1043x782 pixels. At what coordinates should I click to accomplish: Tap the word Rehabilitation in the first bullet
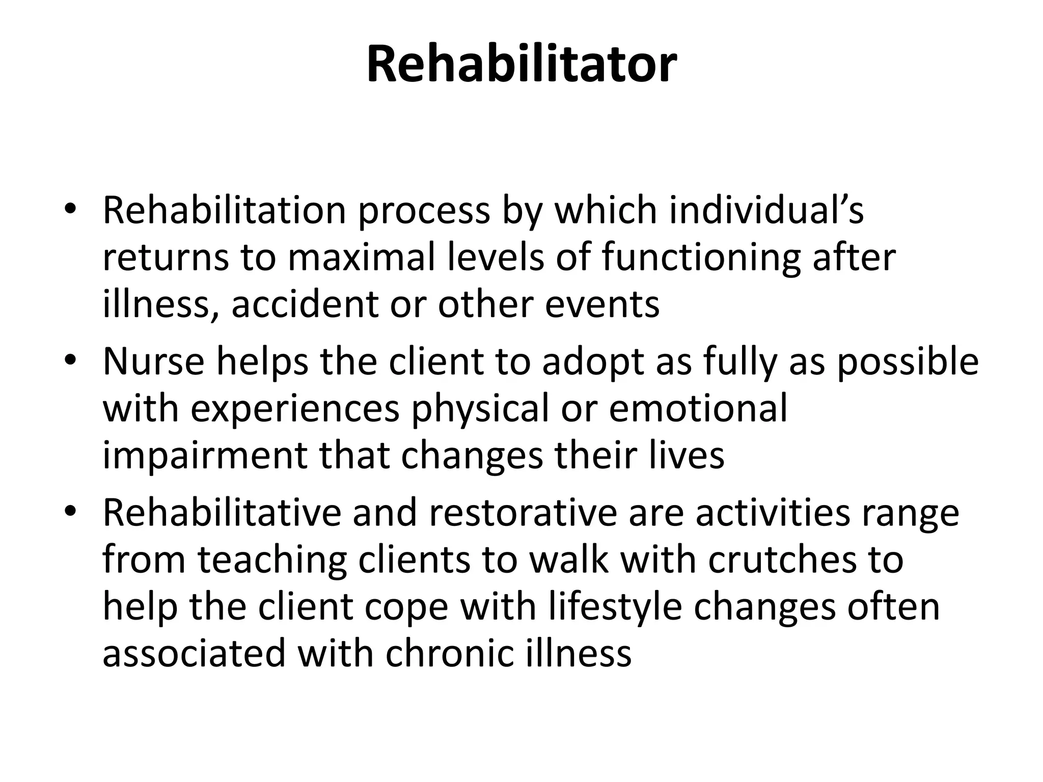pyautogui.click(x=225, y=210)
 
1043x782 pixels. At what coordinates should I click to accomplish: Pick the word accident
pyautogui.click(x=305, y=304)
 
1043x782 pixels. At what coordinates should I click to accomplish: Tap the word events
pyautogui.click(x=602, y=304)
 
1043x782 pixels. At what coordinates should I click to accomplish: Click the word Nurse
pyautogui.click(x=154, y=361)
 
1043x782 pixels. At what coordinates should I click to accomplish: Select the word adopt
pyautogui.click(x=593, y=361)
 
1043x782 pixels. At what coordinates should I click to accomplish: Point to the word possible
pyautogui.click(x=908, y=361)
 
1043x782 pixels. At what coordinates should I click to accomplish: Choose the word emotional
pyautogui.click(x=698, y=408)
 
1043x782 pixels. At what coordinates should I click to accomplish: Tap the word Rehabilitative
pyautogui.click(x=222, y=513)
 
